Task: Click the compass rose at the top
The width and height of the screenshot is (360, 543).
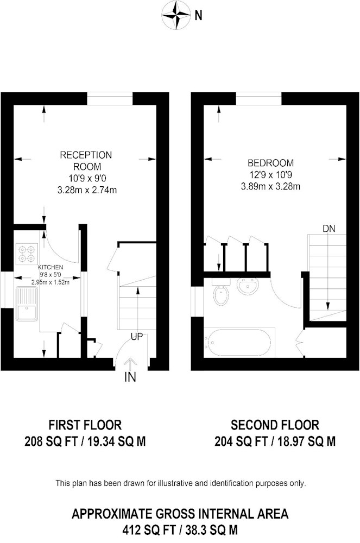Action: [x=176, y=15]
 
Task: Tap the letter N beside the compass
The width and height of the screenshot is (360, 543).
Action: [x=198, y=16]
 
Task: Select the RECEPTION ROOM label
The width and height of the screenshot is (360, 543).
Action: [x=86, y=161]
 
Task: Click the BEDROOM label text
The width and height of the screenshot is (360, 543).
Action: [x=271, y=163]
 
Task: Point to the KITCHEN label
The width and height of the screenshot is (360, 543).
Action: [x=50, y=267]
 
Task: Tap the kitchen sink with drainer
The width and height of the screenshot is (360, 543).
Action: [x=26, y=304]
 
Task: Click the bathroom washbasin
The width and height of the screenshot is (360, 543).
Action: [x=247, y=286]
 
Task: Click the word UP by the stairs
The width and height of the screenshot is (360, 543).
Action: [x=137, y=336]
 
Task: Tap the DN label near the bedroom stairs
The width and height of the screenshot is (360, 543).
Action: [x=329, y=229]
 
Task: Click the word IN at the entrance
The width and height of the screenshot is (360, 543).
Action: [x=130, y=377]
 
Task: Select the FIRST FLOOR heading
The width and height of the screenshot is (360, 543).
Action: [x=85, y=425]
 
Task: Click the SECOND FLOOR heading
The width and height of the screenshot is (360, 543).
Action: [x=275, y=425]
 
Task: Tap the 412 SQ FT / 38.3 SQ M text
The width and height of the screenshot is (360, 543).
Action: [x=180, y=530]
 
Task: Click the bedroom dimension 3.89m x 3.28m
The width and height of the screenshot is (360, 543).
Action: [x=271, y=187]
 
